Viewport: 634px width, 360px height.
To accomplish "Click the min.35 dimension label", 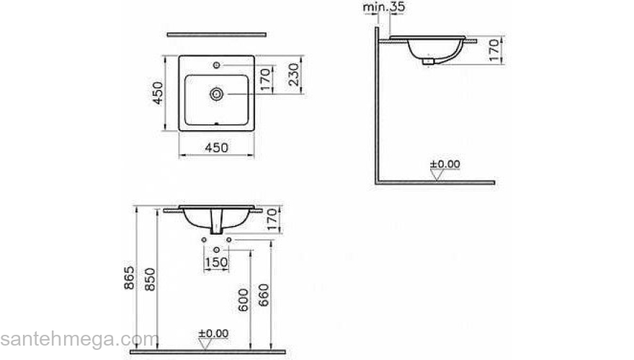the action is (384, 7).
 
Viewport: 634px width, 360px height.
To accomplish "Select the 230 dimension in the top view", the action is (294, 75).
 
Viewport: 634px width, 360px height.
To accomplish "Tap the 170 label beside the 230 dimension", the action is (264, 80).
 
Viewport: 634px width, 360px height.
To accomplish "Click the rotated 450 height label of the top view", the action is (158, 93).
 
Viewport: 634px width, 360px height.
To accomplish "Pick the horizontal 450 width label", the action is (217, 148).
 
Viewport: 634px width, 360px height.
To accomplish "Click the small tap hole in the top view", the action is (217, 65).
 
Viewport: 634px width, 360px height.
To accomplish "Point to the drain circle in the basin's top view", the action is (217, 94).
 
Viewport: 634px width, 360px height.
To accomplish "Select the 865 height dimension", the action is (128, 278).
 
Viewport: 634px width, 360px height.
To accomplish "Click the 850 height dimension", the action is (150, 279).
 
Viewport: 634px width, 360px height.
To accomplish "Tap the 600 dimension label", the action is (243, 300).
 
